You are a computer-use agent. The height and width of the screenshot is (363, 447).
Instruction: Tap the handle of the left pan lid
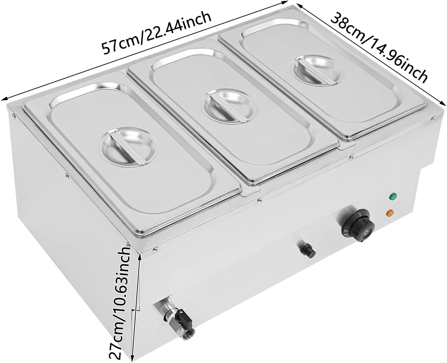tap(128, 149)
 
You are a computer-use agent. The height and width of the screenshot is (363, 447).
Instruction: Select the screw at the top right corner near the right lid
tap(433, 119)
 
